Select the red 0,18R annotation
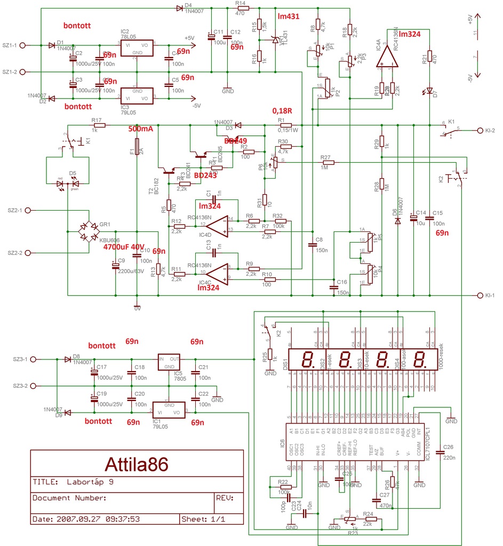(282, 111)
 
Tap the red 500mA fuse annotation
(141, 129)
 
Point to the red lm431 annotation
(289, 17)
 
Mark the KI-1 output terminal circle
(477, 295)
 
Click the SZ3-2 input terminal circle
(34, 386)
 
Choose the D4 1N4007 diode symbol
(178, 8)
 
